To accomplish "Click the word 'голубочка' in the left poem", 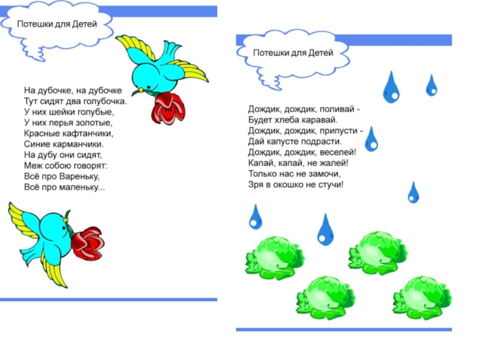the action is point(104,101).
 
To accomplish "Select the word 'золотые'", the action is point(95,122).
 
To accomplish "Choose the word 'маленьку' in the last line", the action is point(83,187).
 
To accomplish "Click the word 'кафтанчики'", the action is point(89,133).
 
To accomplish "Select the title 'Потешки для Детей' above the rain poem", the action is point(292,53).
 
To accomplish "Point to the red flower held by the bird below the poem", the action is point(87,241).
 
